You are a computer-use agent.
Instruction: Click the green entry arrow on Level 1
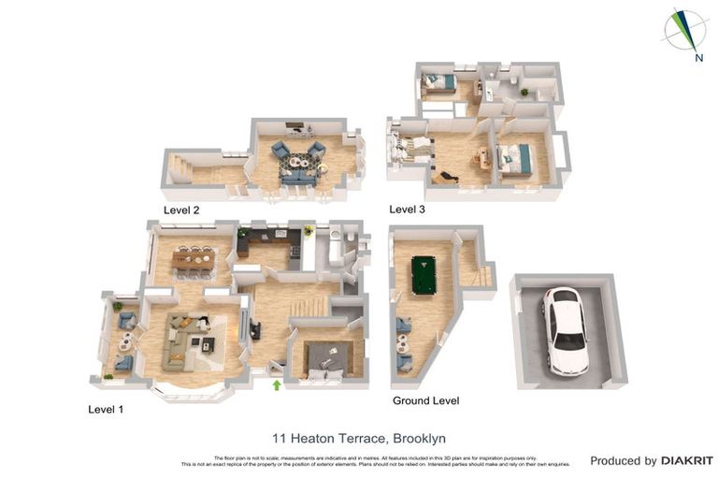pos(276,384)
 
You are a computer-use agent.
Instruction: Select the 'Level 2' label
pos(181,210)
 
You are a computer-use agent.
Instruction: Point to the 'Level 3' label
pos(408,210)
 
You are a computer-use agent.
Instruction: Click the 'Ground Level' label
pos(425,400)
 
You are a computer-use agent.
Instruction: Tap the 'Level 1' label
pos(106,409)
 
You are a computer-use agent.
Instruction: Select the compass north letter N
pos(698,58)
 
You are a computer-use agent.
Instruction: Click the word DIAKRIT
pos(687,460)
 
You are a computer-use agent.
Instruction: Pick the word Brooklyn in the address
pos(419,438)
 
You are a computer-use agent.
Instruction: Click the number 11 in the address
pos(279,438)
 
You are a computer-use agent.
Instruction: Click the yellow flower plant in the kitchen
pos(307,230)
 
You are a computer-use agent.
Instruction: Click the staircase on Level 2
pos(179,170)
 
